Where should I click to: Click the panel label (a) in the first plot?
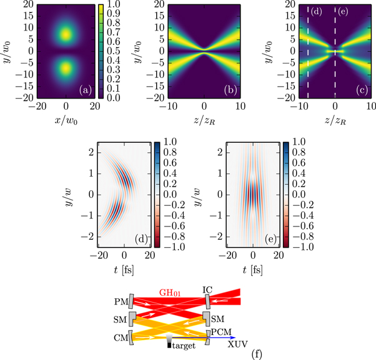pos(84,92)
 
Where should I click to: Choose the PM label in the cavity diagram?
pos(122,302)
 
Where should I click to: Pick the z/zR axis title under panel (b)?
pos(204,119)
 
